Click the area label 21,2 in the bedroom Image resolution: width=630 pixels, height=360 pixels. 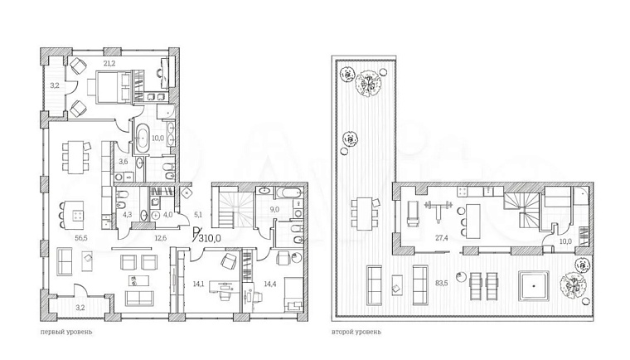[x=109, y=63]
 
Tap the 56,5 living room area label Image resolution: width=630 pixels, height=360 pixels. [x=81, y=238]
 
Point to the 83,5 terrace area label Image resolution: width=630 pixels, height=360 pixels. [x=442, y=283]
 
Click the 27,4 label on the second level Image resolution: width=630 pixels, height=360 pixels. [x=442, y=238]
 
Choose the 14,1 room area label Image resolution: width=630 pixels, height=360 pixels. [x=198, y=284]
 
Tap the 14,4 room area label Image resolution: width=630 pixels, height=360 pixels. [x=270, y=284]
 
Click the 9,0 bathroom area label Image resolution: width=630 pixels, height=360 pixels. [x=274, y=209]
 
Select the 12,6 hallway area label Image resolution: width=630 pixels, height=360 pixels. [x=161, y=238]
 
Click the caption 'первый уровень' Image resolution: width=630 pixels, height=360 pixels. [x=66, y=332]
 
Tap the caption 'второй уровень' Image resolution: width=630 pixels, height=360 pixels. [x=356, y=332]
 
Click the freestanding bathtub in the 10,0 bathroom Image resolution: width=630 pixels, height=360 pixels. [x=143, y=139]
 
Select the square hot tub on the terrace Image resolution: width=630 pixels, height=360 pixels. [x=534, y=286]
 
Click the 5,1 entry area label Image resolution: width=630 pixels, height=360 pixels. [x=198, y=215]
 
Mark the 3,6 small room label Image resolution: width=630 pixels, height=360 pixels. [x=124, y=162]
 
